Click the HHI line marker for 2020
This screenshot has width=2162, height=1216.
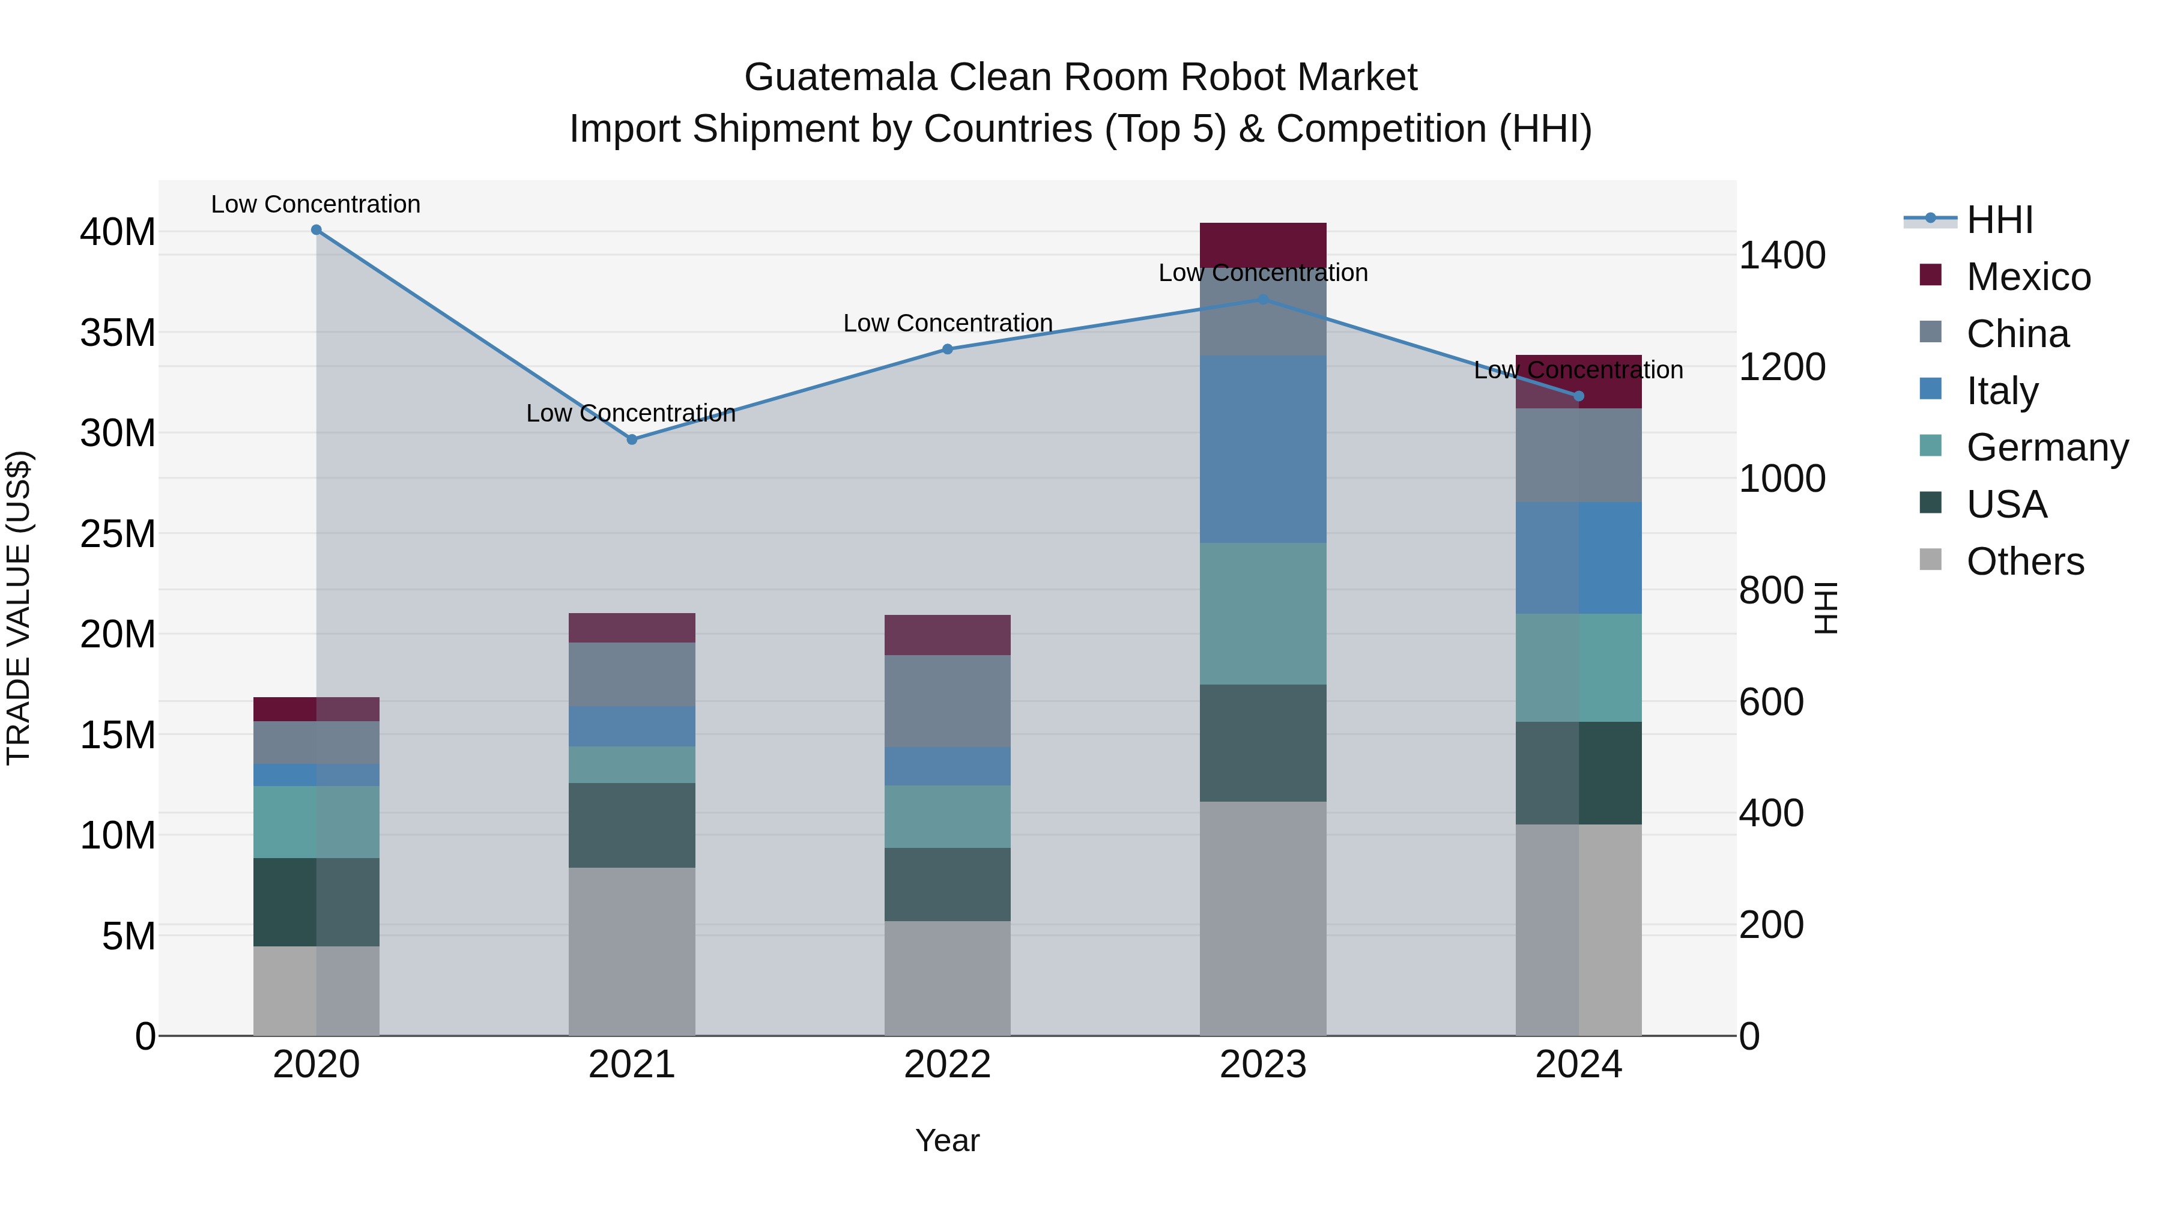pos(316,230)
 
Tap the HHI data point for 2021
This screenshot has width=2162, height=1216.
pos(632,439)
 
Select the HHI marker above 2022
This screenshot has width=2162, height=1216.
pos(948,349)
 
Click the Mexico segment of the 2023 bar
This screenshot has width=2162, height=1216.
pos(1262,243)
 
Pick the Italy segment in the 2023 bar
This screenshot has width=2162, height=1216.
pos(1262,449)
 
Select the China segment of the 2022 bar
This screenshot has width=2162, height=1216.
pos(948,701)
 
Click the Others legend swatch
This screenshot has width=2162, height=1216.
pos(1930,560)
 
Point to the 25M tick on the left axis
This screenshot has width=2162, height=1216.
pos(118,534)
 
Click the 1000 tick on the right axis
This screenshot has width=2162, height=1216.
pos(1782,479)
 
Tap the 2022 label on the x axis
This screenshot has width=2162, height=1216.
pos(948,1065)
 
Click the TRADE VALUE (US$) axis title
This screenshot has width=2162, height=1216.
pos(19,608)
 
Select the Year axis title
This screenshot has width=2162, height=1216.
pos(948,1140)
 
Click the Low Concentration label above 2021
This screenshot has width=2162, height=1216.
pos(631,413)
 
